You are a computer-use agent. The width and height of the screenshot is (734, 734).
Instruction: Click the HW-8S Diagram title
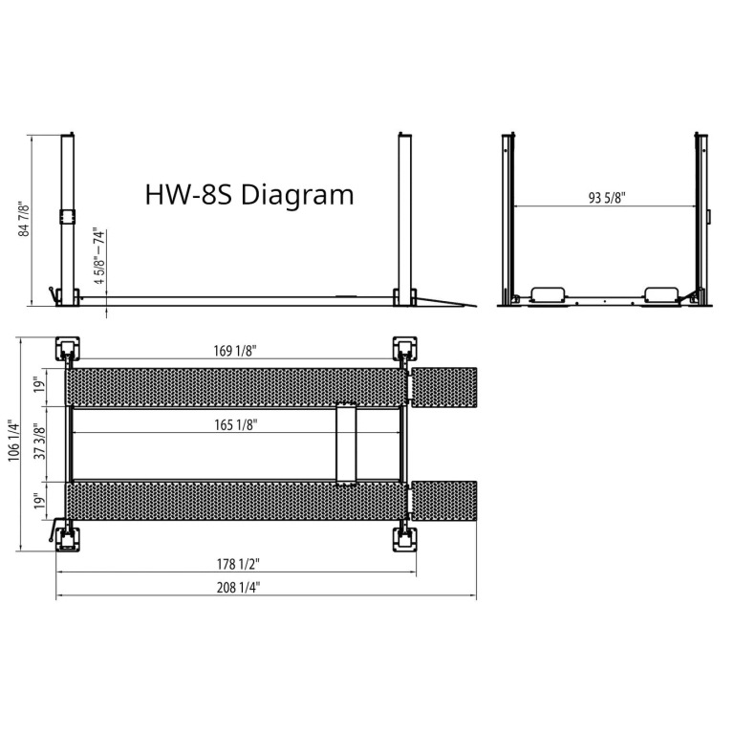click(x=249, y=195)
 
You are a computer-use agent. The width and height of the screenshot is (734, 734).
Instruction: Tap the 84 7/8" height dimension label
click(x=23, y=220)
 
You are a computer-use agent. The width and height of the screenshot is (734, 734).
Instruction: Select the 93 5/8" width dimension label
click(x=607, y=198)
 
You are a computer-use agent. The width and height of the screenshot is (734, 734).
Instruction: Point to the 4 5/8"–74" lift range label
click(x=98, y=256)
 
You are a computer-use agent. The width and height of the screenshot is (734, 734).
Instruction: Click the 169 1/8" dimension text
click(x=235, y=351)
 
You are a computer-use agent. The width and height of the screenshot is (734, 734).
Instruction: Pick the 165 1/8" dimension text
click(x=236, y=424)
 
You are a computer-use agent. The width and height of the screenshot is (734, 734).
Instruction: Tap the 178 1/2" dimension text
click(x=238, y=564)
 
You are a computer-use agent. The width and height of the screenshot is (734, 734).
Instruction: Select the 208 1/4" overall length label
click(x=238, y=587)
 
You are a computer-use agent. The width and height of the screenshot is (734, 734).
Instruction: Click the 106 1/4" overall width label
click(x=13, y=441)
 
